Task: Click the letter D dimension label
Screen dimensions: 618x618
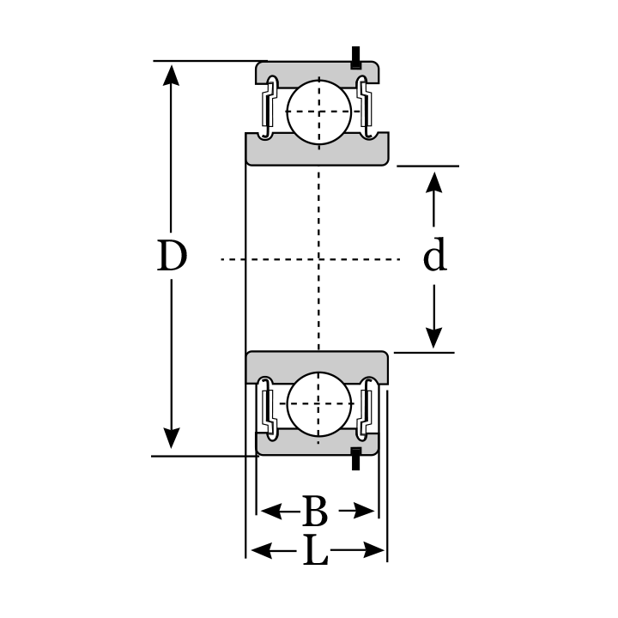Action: click(172, 257)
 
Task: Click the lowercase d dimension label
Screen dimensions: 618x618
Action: click(435, 256)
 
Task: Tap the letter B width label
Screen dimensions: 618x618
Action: click(315, 512)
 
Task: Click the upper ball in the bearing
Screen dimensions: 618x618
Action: click(318, 112)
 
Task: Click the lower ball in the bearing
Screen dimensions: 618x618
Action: click(318, 403)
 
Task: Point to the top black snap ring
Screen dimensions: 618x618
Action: click(354, 58)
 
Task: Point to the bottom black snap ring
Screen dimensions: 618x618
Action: click(354, 458)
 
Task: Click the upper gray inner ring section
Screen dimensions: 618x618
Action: click(318, 151)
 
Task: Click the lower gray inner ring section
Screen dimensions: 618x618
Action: click(318, 366)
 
